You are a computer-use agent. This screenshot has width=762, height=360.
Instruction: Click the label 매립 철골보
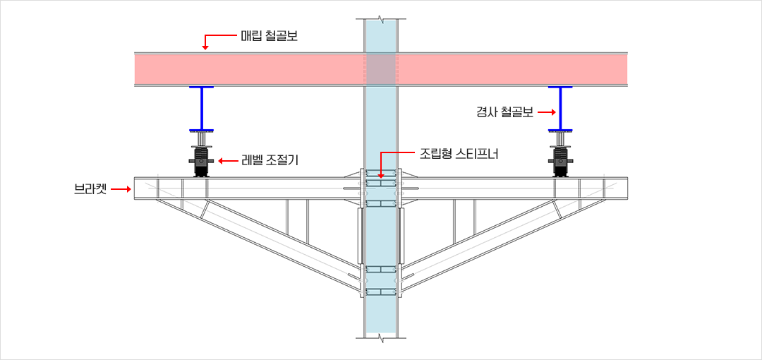[269, 36]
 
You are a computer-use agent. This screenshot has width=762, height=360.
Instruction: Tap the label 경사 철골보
[504, 113]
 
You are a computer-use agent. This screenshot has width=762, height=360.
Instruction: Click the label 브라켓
[90, 188]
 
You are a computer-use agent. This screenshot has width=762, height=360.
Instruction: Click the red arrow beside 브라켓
[121, 188]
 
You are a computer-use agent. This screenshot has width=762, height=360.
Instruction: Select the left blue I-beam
[201, 109]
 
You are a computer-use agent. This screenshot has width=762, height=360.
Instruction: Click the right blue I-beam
[560, 109]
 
